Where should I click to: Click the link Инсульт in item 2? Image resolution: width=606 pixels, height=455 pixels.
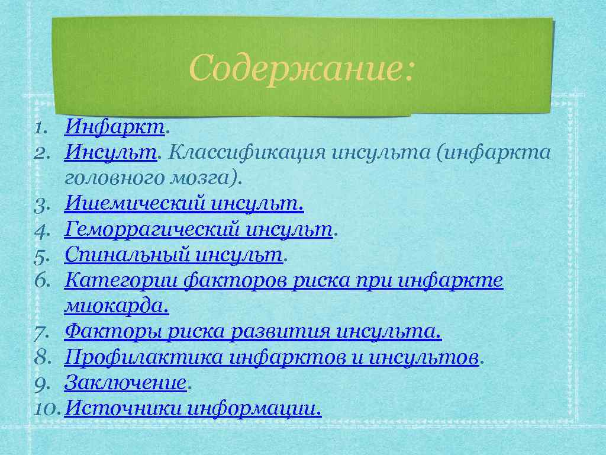pos(111,152)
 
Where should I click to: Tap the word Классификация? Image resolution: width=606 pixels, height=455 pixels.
pos(246,152)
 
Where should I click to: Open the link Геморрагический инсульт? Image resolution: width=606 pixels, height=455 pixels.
pos(199,229)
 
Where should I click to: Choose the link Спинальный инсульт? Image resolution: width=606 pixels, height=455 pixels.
pos(174,255)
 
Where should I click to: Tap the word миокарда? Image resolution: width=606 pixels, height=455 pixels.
pos(116,306)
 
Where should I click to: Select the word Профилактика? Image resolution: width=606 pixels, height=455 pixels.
pos(143,357)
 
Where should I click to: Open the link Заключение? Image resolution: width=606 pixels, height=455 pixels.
pos(125,383)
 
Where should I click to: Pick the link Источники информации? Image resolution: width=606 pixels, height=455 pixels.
pos(193,408)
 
